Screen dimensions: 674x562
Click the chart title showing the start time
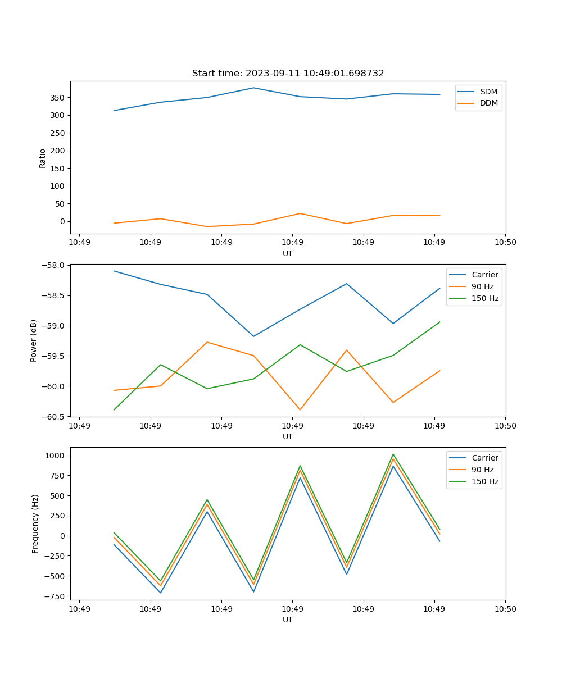288,74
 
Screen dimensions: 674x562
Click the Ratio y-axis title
43,158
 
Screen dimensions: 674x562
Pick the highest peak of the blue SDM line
253,88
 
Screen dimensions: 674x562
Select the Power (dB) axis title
34,340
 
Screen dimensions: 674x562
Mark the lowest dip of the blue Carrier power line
253,336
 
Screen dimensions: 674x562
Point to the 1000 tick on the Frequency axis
57,456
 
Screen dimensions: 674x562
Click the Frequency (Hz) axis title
35,523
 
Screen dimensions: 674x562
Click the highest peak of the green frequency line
393,454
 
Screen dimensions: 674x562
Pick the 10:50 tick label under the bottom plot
505,609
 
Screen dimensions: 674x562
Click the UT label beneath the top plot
288,253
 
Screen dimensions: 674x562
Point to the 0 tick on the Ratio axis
64,221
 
